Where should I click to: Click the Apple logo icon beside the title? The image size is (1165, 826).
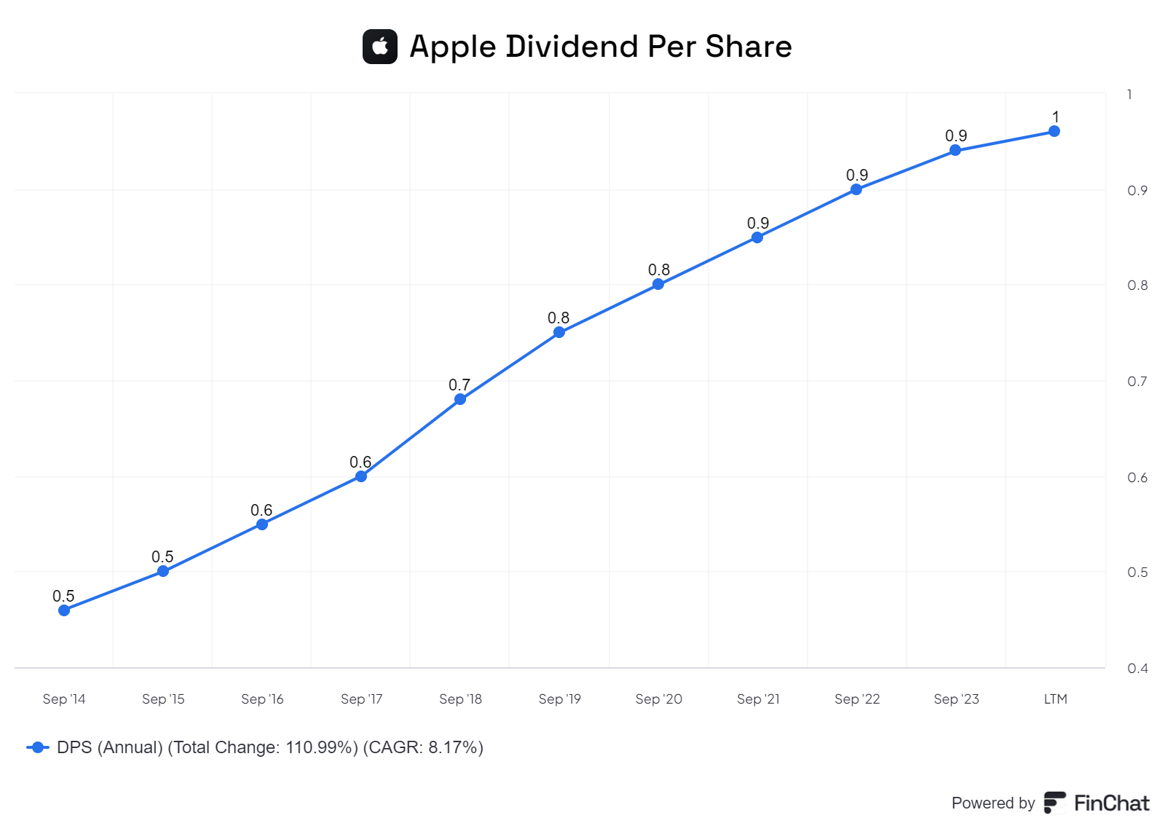(379, 47)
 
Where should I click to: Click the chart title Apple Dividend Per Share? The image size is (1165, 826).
(600, 47)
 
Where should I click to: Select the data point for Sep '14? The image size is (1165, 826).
(64, 610)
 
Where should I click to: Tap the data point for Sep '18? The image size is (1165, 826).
(460, 399)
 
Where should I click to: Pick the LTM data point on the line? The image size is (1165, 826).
(1054, 131)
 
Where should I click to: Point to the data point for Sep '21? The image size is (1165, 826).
(757, 237)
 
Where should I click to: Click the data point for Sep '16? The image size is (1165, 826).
(262, 524)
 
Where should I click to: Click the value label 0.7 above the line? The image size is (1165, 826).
(459, 385)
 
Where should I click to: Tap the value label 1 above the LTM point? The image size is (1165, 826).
(1056, 117)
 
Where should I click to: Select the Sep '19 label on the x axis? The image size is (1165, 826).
(559, 699)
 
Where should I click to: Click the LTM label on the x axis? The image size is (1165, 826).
(1055, 699)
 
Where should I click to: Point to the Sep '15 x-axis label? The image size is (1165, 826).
(163, 699)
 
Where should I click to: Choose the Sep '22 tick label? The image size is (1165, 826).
(857, 699)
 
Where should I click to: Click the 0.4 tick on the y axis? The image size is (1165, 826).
(1137, 668)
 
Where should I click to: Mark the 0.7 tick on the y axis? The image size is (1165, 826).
(1137, 381)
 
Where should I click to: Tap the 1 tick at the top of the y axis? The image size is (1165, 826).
(1129, 94)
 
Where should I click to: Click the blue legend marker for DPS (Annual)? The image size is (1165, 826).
(38, 747)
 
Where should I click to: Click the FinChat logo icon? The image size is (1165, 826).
(1054, 803)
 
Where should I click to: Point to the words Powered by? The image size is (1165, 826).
(992, 803)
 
